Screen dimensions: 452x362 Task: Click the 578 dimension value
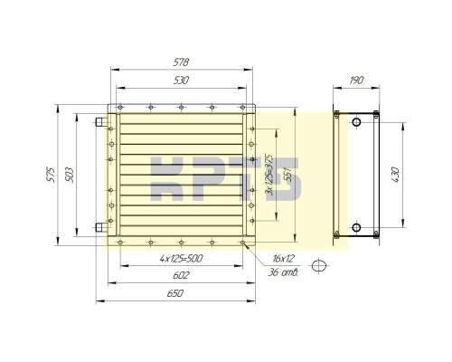click(181, 62)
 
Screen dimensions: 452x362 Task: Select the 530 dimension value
click(181, 81)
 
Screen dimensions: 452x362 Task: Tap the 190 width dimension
click(356, 81)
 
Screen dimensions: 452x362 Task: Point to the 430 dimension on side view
click(395, 175)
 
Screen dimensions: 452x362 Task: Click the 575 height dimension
click(51, 175)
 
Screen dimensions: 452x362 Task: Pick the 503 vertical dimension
click(70, 175)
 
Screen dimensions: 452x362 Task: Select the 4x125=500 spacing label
click(181, 259)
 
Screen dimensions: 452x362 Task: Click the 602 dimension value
click(181, 275)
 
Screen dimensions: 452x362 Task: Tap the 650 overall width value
click(175, 293)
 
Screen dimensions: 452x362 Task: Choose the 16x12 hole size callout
click(283, 259)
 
